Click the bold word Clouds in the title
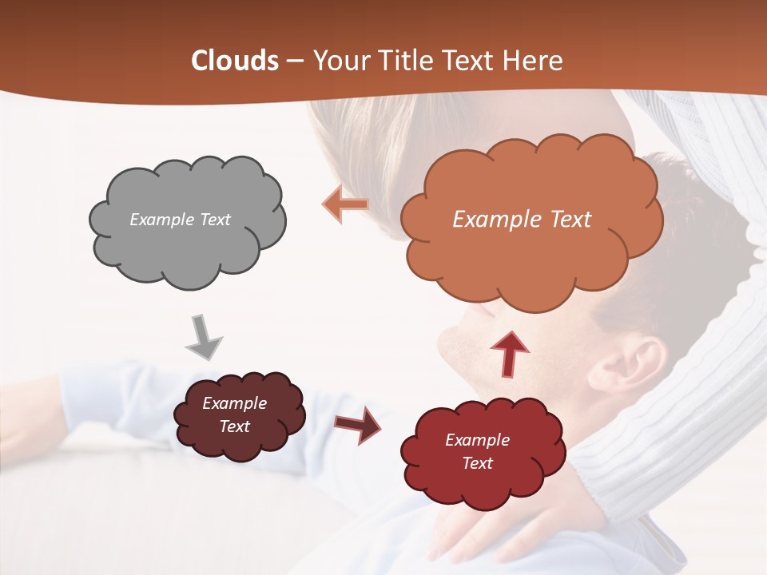point(235,61)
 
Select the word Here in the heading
point(532,61)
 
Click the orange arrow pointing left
point(344,204)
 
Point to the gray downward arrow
point(204,338)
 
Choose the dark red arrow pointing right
point(358,424)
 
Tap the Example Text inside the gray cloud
point(180,220)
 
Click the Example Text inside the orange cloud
point(522,220)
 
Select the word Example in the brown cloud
point(234,403)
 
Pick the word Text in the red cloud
point(477,463)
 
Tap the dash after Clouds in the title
point(295,61)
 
